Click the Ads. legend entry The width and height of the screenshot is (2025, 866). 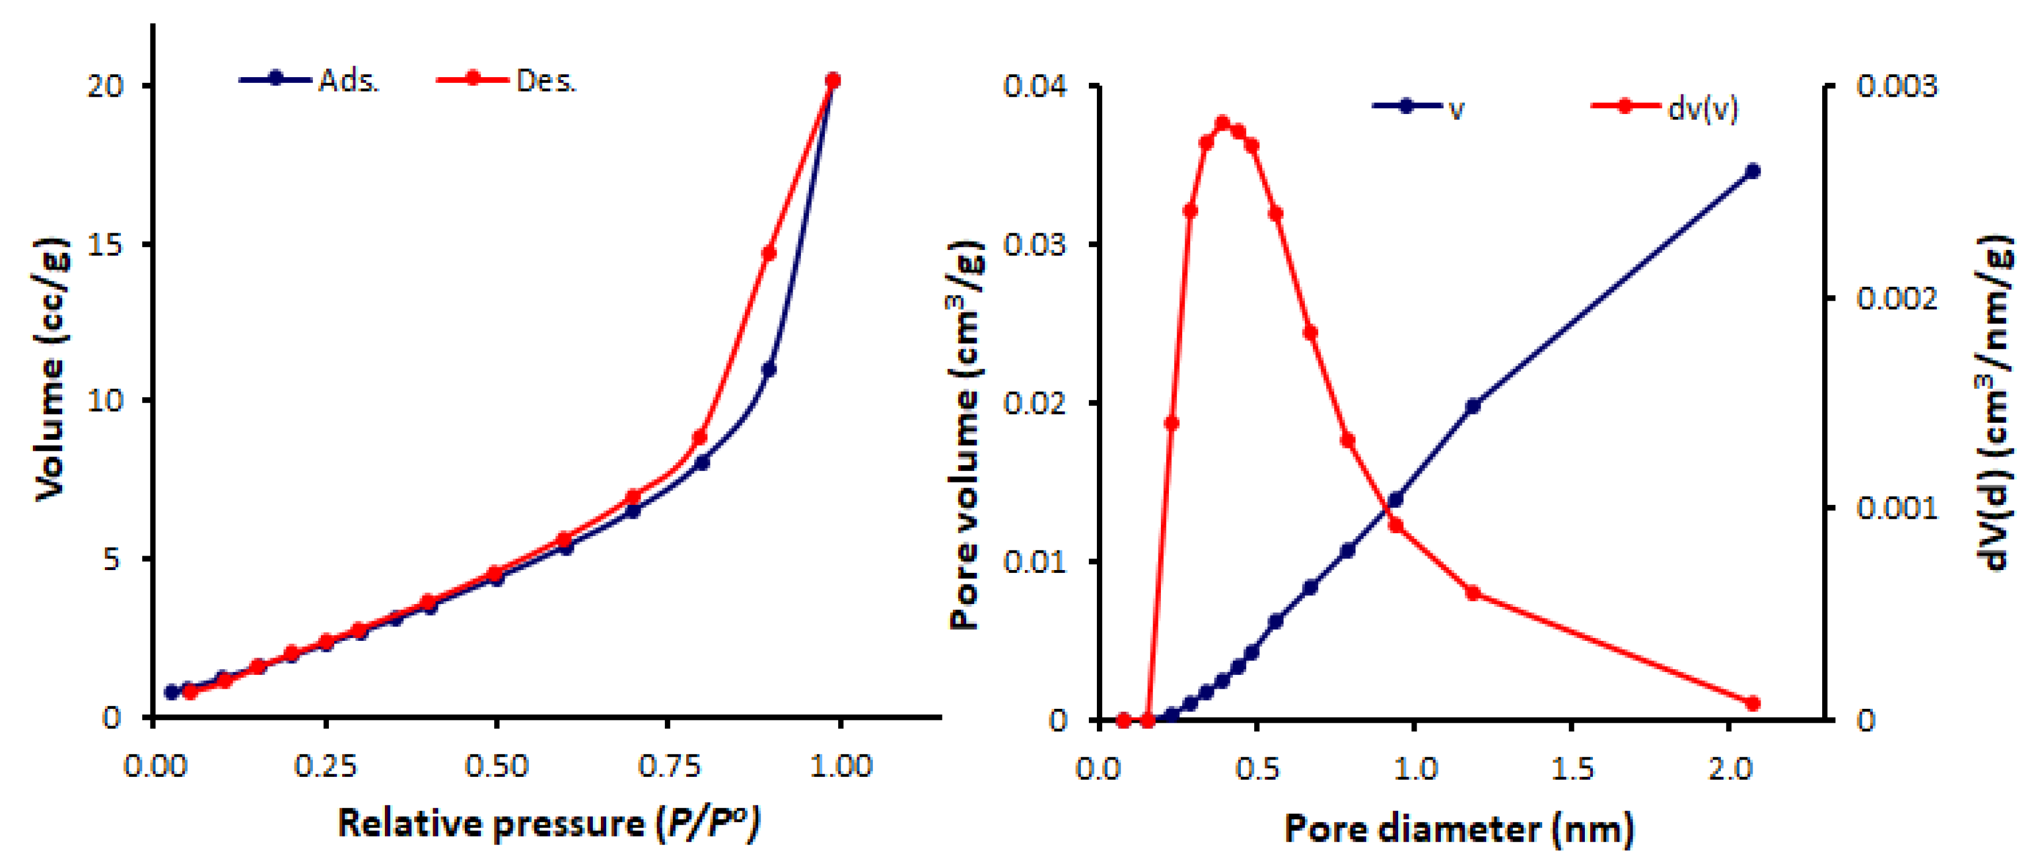coord(311,80)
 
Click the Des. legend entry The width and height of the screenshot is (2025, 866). coord(508,80)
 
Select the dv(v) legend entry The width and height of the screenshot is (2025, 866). coord(1664,108)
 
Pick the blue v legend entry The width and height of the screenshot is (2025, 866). coord(1419,108)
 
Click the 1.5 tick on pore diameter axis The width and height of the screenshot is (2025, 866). coord(1572,768)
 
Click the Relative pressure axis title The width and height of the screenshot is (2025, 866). coord(548,823)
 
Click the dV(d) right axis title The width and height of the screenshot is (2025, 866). coord(1993,401)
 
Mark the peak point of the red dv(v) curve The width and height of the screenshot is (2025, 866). coord(1222,123)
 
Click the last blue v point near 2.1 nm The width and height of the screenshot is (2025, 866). coord(1753,172)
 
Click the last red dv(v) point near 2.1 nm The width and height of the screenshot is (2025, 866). coord(1753,703)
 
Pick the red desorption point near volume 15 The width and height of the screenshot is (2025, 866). coord(769,253)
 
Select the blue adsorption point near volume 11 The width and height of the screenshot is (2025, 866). coord(769,369)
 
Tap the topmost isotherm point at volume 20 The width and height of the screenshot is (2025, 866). coord(833,80)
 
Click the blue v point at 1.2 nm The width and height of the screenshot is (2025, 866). coord(1473,407)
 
